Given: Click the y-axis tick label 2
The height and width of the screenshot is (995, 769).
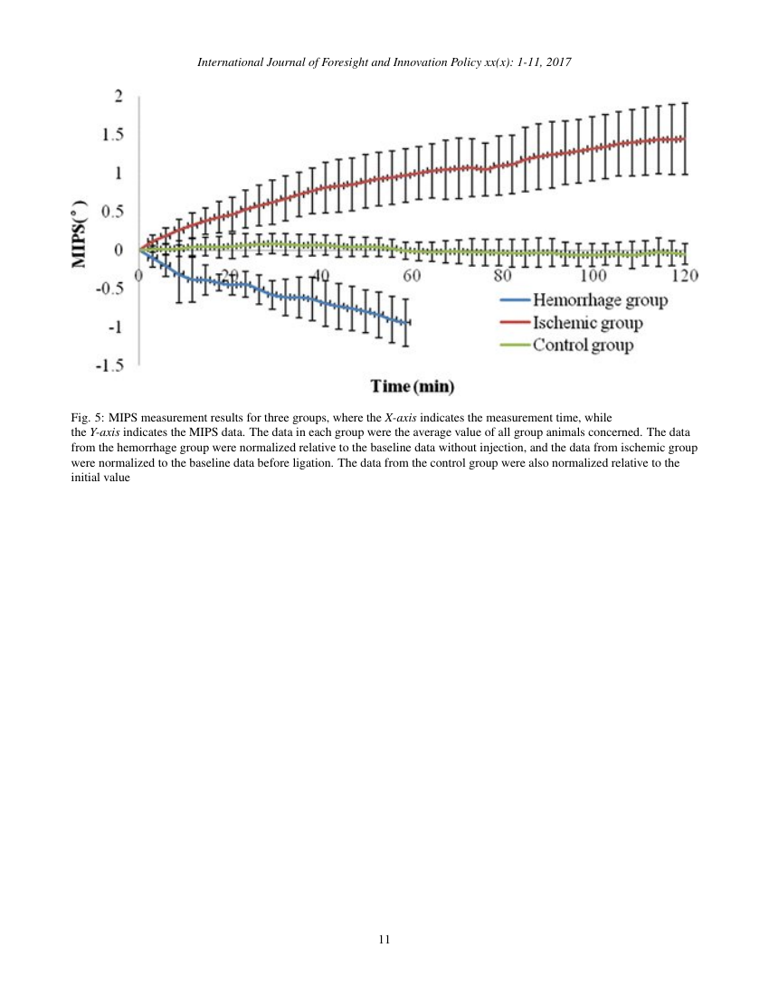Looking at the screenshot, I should pos(118,97).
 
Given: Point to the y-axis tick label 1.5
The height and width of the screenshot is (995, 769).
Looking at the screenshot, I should pos(113,136).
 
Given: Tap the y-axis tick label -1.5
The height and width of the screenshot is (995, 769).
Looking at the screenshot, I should pos(111,365).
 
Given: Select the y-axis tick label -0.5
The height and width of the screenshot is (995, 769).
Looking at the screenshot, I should pos(111,289).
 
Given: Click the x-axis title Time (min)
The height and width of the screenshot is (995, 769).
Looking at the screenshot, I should pos(413,387).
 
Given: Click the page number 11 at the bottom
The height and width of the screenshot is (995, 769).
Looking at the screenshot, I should pos(384,940).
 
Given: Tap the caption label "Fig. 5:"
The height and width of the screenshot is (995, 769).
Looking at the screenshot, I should pos(87,418).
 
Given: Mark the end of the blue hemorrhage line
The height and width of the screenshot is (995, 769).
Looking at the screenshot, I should pos(409,322).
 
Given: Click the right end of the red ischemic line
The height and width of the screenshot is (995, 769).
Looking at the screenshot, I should pos(683,138).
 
